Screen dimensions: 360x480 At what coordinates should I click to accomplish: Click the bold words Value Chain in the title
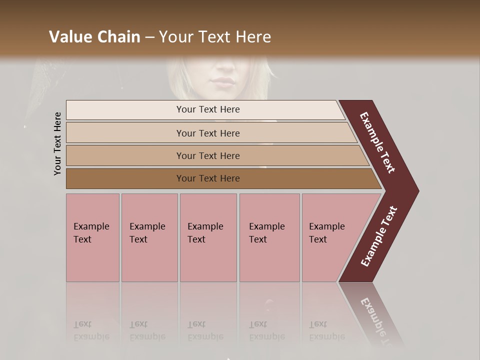click(94, 37)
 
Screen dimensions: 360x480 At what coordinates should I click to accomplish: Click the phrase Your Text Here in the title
click(215, 37)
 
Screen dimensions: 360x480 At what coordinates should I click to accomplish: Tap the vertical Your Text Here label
click(57, 143)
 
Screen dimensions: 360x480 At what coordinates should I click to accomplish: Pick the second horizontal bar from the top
click(207, 133)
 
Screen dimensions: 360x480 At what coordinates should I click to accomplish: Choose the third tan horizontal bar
click(207, 155)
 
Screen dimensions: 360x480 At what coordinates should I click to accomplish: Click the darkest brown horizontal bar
click(207, 178)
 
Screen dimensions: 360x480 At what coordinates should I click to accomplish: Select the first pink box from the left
click(92, 237)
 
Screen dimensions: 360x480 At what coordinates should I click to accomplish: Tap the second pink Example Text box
click(149, 237)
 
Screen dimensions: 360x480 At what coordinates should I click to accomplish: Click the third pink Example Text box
click(208, 237)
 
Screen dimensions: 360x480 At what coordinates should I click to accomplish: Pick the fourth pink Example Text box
click(269, 237)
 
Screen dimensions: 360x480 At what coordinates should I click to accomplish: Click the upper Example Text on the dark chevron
click(377, 142)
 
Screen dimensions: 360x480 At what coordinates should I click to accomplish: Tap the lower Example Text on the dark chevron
click(379, 236)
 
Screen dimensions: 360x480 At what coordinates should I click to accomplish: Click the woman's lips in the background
click(221, 81)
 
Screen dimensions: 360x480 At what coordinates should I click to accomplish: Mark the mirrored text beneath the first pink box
click(91, 330)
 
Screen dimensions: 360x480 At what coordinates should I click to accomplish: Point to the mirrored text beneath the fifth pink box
click(326, 330)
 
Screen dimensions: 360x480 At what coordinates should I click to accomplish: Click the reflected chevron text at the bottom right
click(377, 320)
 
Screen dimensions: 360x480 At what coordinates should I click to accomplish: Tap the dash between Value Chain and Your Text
click(149, 37)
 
